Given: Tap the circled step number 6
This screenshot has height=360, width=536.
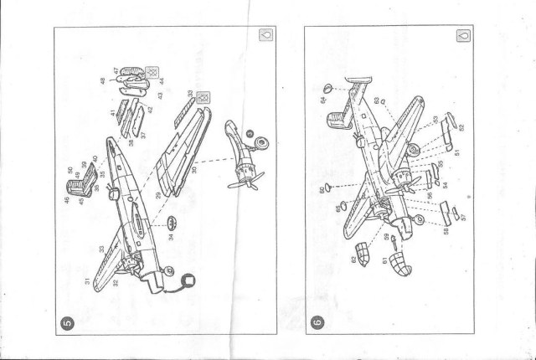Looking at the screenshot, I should (317, 321).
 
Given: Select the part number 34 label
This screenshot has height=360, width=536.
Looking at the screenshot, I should (172, 237).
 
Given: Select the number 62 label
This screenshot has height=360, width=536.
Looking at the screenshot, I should (354, 260).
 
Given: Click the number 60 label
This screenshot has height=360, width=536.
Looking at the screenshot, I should (321, 192).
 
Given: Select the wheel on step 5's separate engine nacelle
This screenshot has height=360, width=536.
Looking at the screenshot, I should (260, 143).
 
